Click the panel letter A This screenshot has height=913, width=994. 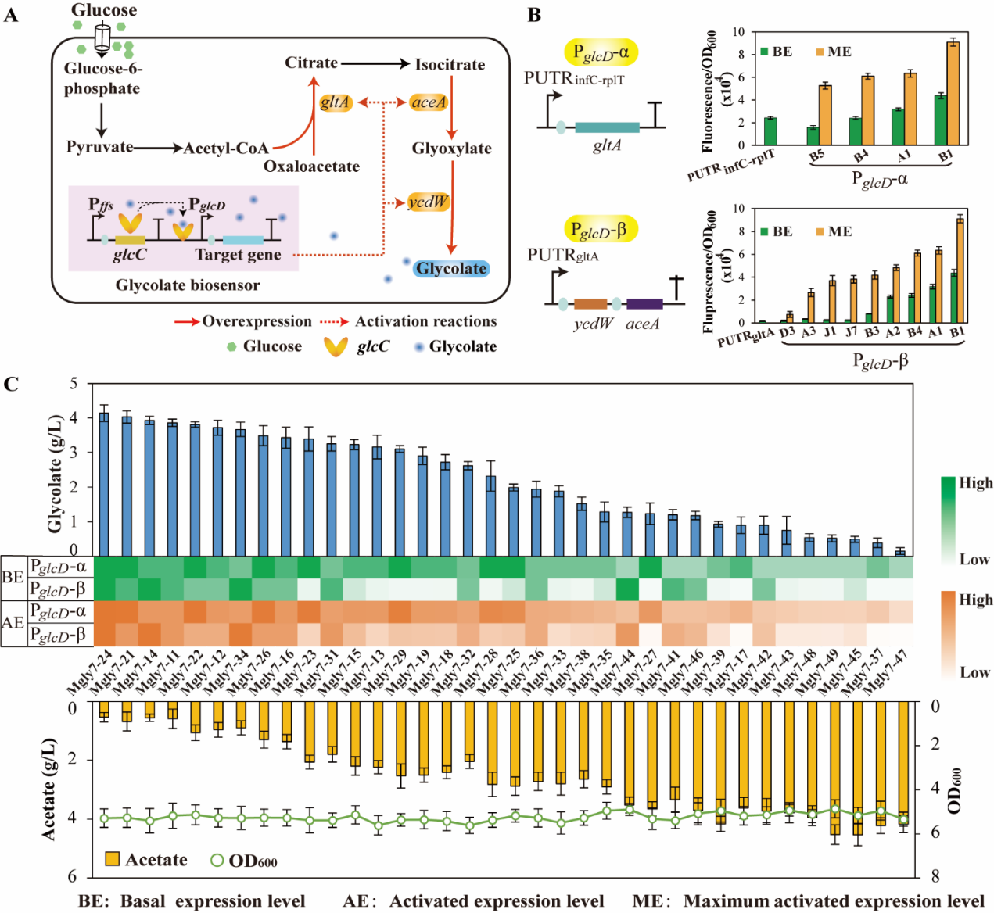coord(10,15)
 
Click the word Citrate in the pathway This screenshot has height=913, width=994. coord(310,63)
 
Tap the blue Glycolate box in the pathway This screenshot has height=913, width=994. coord(451,269)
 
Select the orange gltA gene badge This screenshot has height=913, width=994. coord(335,102)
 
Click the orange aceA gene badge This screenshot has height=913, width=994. coord(429,102)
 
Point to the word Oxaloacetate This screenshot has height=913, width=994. coord(311,166)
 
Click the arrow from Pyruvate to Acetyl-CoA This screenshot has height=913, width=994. coord(158,147)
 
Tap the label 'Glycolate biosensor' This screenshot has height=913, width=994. coord(188,285)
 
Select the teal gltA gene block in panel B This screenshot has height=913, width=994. coord(607,127)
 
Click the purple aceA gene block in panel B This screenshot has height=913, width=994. coord(644,304)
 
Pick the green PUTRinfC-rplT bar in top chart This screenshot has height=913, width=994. coord(770,131)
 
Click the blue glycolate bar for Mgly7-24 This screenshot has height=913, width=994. coord(104,484)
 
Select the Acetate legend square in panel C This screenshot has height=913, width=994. coord(113,859)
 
